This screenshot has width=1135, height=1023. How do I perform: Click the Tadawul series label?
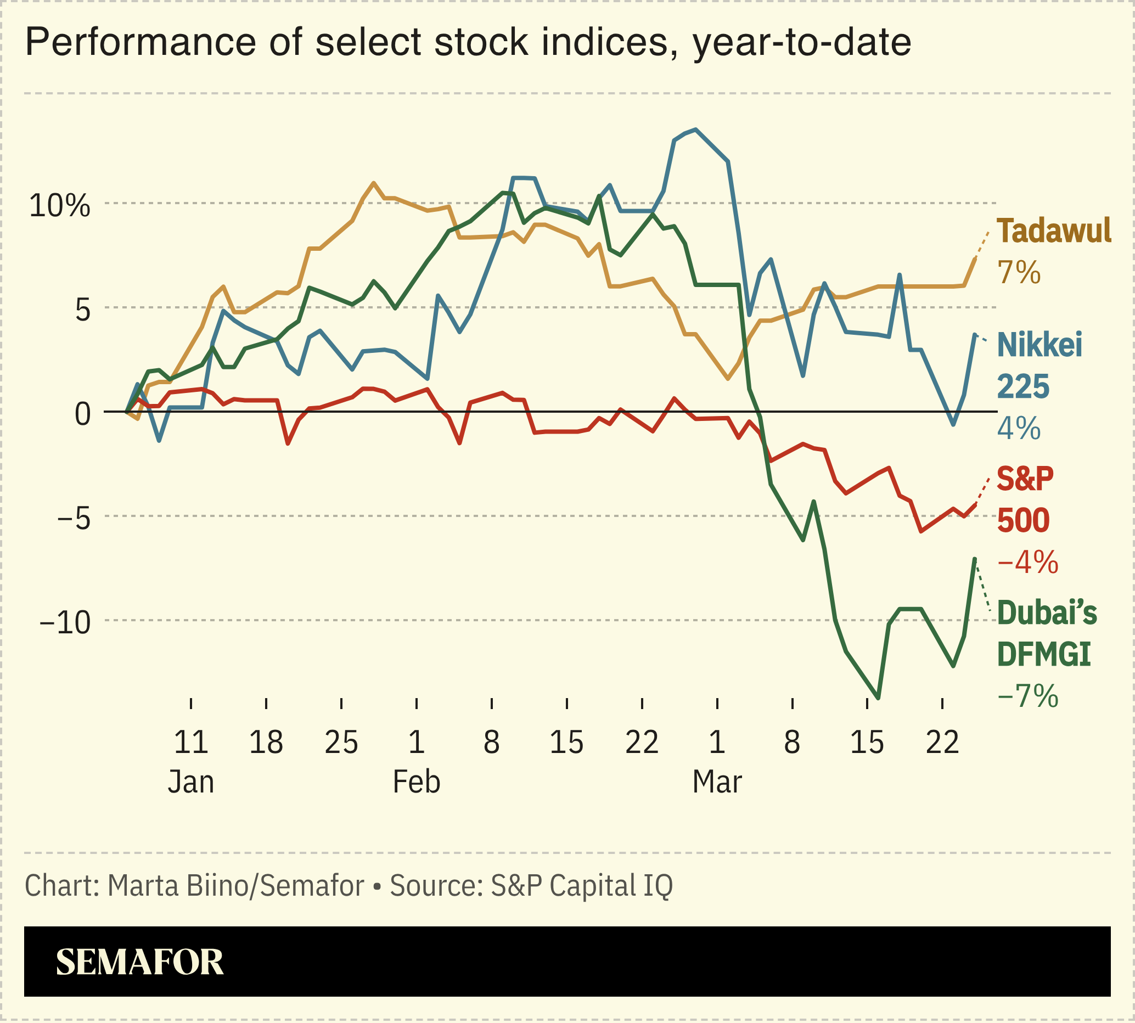click(x=1053, y=231)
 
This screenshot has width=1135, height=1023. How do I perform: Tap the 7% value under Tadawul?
click(x=1019, y=273)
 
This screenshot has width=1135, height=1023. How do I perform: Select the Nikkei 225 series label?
click(x=1039, y=366)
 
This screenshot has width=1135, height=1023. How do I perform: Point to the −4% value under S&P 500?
click(x=1027, y=562)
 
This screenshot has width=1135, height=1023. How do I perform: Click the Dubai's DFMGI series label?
click(x=1046, y=633)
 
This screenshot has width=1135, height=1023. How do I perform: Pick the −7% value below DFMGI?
click(x=1027, y=696)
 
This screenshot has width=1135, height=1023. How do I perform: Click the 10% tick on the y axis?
click(x=60, y=206)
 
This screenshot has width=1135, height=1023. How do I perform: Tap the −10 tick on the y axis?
click(x=65, y=623)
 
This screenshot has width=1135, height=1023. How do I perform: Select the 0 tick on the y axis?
click(x=83, y=414)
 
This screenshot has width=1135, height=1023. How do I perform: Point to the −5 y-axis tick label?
click(x=73, y=519)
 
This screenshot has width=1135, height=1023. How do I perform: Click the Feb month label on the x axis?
click(x=416, y=782)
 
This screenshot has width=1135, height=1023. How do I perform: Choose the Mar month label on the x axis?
click(x=717, y=782)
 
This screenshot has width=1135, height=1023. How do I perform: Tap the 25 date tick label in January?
click(x=341, y=743)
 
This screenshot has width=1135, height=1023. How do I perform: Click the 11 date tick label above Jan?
click(x=191, y=743)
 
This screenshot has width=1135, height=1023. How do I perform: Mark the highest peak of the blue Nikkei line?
click(x=696, y=130)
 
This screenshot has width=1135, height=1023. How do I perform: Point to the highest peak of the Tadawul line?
click(x=374, y=183)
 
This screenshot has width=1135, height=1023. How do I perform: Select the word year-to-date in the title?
click(x=802, y=43)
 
